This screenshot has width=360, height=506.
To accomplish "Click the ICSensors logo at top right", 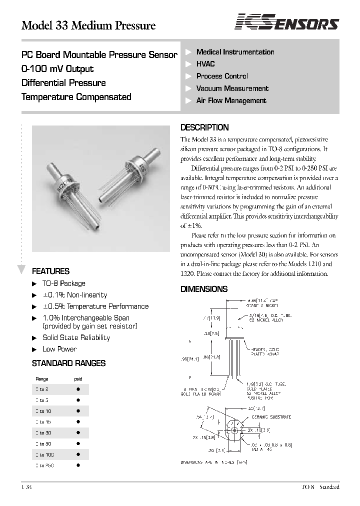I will (287, 23).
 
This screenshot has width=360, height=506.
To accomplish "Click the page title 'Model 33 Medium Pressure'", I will (88, 25).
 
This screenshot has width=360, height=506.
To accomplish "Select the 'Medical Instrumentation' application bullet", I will (235, 52).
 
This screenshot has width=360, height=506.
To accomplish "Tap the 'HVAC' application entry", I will (205, 64).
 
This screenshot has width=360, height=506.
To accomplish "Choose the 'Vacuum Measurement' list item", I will (232, 88).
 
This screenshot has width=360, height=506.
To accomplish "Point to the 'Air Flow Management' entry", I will (231, 100).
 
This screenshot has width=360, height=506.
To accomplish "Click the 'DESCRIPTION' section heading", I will (204, 127).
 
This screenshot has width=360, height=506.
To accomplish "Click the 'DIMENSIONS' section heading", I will (203, 289).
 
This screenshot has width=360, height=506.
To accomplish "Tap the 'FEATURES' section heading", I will (50, 271).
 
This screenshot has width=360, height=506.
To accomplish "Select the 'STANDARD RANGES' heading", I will (68, 363).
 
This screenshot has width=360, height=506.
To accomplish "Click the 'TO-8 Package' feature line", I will (64, 283).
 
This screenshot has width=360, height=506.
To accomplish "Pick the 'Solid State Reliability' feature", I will (76, 337).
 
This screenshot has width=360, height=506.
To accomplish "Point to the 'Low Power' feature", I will (59, 349).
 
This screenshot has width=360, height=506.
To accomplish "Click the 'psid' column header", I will (78, 379).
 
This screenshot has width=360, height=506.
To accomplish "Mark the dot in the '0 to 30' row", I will (78, 432).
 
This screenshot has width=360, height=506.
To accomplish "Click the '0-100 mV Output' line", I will (57, 69).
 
